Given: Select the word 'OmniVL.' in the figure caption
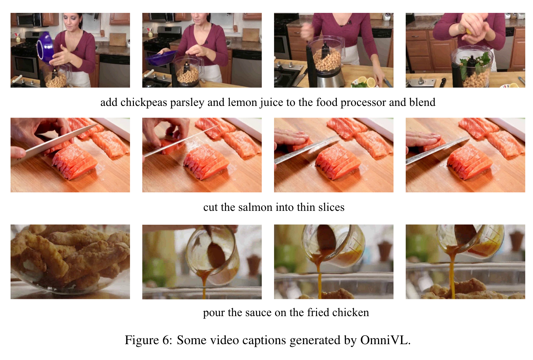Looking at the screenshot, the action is click(386, 340).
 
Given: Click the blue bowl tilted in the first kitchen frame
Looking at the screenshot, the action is click(45, 48).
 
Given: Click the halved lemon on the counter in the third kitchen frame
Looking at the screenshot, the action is click(371, 82).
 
